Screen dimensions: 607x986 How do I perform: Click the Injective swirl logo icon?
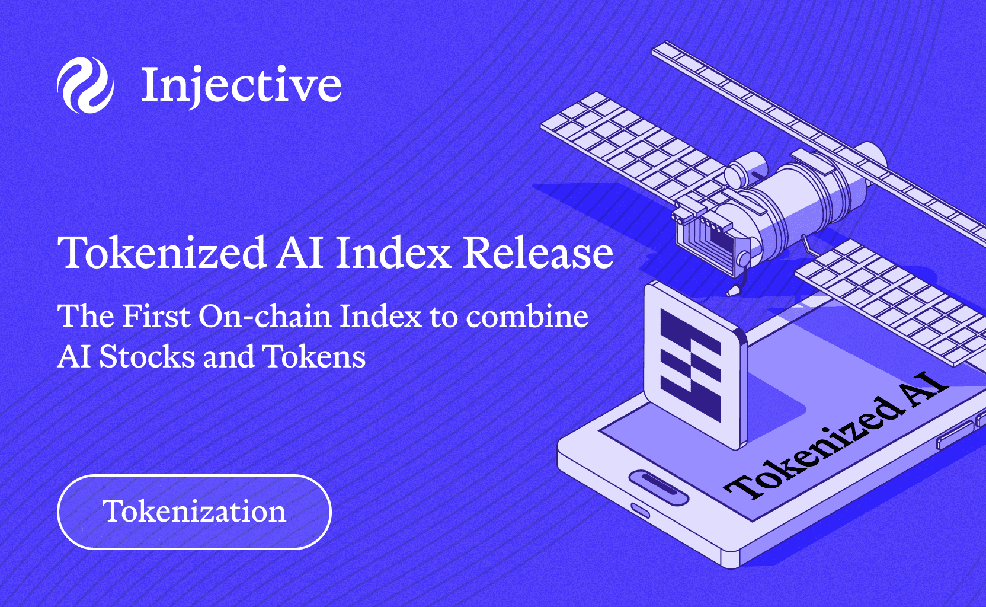[85, 85]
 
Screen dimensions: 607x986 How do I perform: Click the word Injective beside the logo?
[241, 85]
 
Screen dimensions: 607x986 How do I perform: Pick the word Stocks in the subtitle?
[146, 357]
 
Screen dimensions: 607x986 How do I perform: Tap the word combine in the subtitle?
[527, 316]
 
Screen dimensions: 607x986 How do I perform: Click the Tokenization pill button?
[194, 512]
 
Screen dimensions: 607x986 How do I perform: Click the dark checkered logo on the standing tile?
[690, 366]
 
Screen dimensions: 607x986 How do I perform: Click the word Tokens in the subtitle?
[314, 357]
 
